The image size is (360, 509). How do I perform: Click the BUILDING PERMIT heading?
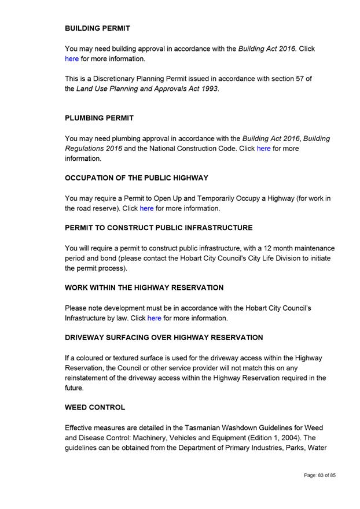coord(97,28)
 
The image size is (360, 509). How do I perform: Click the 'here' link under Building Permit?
coord(72,58)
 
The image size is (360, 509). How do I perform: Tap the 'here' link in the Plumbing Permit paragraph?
coord(263,149)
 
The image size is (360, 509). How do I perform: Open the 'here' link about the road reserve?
coord(146,208)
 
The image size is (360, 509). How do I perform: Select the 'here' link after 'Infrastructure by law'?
coord(154,318)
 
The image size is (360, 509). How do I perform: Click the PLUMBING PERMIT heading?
coord(99,118)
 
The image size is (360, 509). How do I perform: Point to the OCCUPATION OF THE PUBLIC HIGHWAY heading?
coord(137,178)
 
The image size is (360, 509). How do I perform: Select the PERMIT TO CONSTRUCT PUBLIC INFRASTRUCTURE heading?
coord(159,228)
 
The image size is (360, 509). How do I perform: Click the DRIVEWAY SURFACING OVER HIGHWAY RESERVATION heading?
coord(164,337)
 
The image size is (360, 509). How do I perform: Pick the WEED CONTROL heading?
coord(95,407)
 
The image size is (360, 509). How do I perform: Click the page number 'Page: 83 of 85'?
coord(319,475)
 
